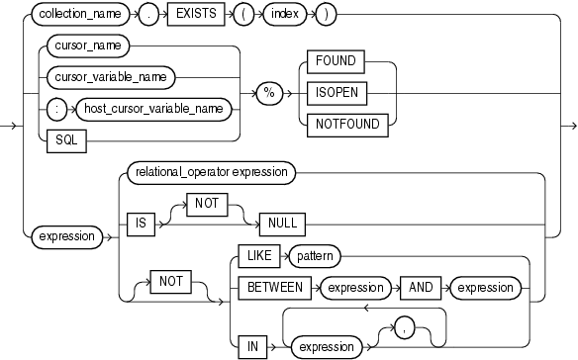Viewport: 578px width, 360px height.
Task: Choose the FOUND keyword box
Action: pos(335,60)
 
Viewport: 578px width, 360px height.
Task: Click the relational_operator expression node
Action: pos(209,172)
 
